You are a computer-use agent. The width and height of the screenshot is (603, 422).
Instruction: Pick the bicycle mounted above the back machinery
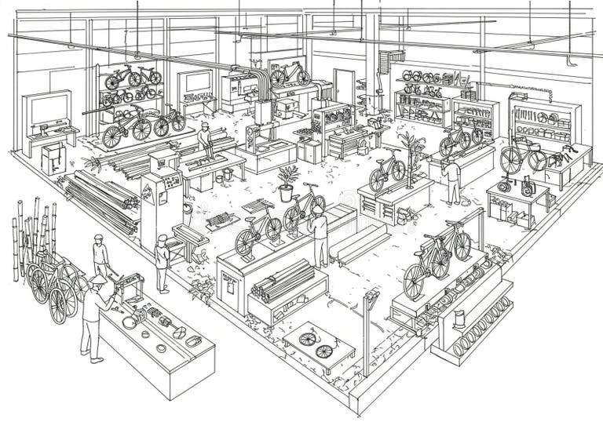coord(289,74)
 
